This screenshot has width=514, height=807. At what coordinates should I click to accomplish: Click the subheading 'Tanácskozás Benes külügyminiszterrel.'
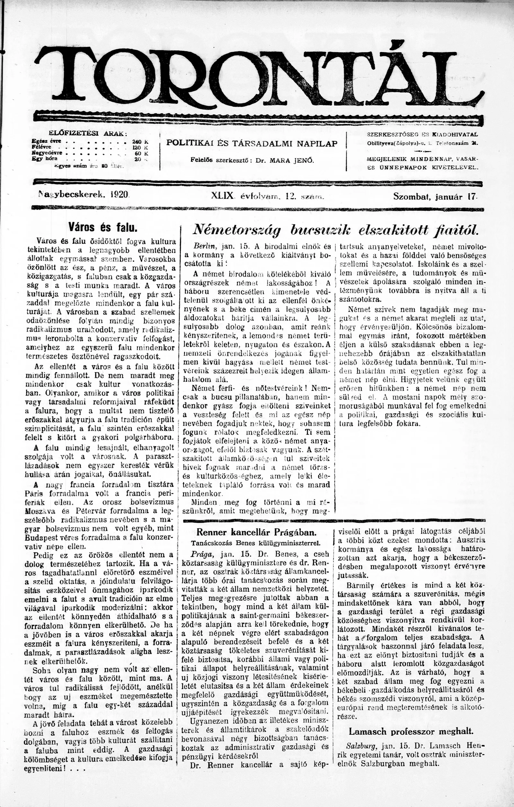(x=256, y=543)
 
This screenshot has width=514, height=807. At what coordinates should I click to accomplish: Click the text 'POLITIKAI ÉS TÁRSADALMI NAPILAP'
(x=252, y=143)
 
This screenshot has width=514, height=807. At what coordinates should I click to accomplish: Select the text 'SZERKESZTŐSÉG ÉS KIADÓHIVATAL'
(x=422, y=134)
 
